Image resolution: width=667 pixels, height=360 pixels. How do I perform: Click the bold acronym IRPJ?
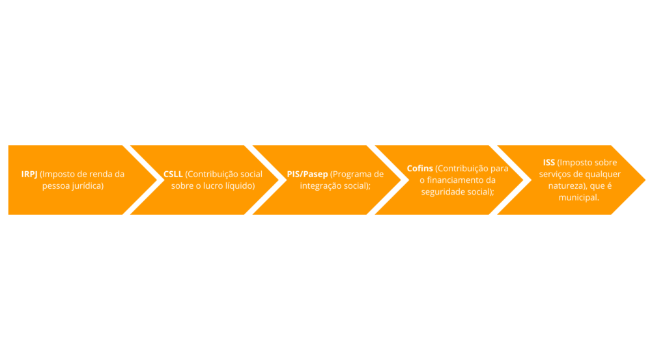pyautogui.click(x=29, y=174)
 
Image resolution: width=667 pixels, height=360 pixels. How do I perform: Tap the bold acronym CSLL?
pyautogui.click(x=173, y=174)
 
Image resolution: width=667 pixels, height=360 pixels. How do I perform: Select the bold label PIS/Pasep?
pyautogui.click(x=307, y=174)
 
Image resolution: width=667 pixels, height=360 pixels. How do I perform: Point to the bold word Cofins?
pyautogui.click(x=420, y=169)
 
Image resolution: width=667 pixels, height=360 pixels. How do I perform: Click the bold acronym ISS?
pyautogui.click(x=548, y=162)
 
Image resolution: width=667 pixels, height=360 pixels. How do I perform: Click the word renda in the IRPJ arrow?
pyautogui.click(x=102, y=174)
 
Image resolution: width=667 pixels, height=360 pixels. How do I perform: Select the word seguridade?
pyautogui.click(x=443, y=192)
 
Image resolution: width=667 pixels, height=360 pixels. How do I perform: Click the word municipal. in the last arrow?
pyautogui.click(x=579, y=198)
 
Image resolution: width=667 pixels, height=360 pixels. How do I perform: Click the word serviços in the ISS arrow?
pyautogui.click(x=554, y=174)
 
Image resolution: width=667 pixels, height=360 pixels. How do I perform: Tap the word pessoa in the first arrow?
pyautogui.click(x=55, y=187)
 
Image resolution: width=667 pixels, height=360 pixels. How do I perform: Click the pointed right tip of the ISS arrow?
pyautogui.click(x=646, y=180)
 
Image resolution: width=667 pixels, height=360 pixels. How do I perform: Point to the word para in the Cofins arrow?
pyautogui.click(x=500, y=169)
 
